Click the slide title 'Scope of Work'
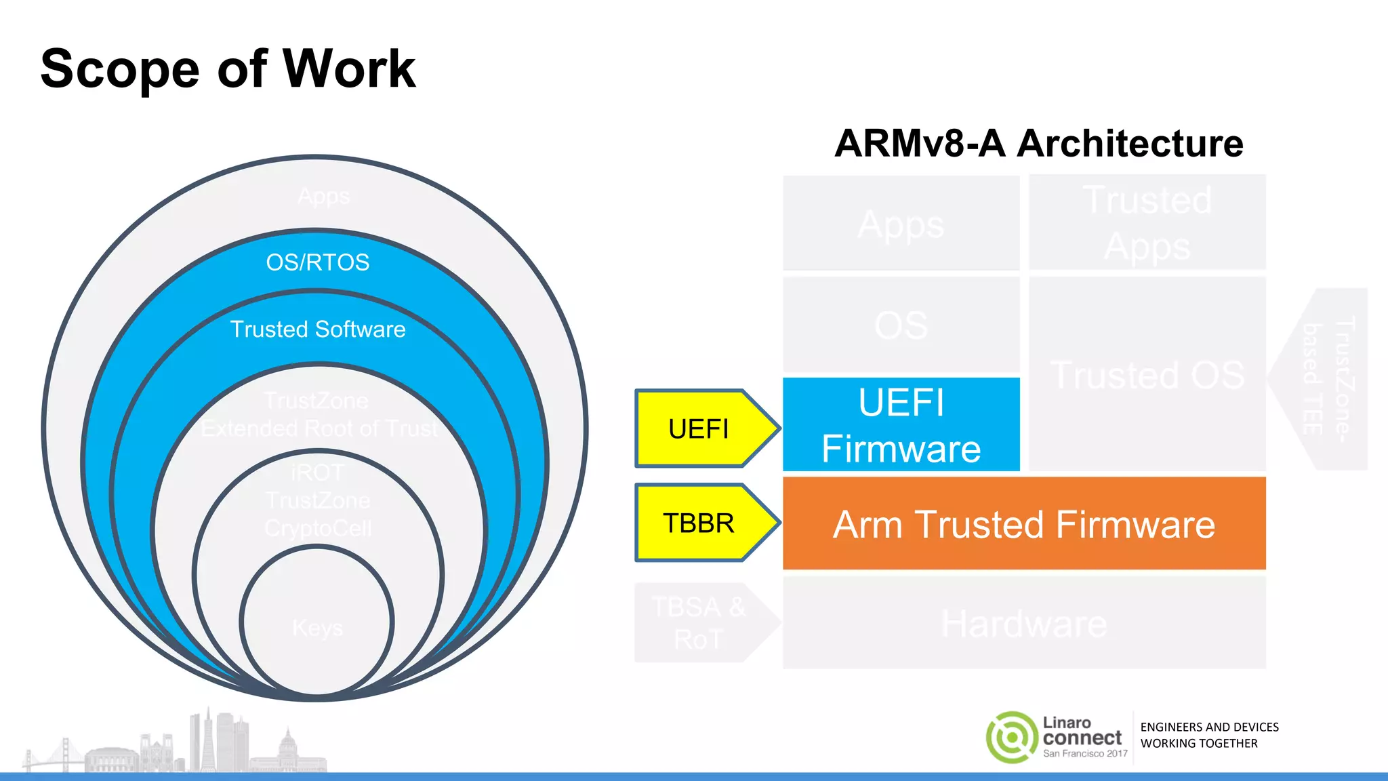pyautogui.click(x=228, y=68)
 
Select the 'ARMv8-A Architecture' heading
pyautogui.click(x=1038, y=144)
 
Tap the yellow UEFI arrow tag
pyautogui.click(x=701, y=428)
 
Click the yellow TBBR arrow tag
pyautogui.click(x=701, y=523)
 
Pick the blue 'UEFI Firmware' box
pyautogui.click(x=901, y=424)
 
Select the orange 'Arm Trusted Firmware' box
pyautogui.click(x=1023, y=523)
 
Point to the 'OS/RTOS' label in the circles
pyautogui.click(x=317, y=262)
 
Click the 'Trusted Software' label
pyautogui.click(x=317, y=329)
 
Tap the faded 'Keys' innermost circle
pyautogui.click(x=317, y=628)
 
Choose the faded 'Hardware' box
pyautogui.click(x=1023, y=623)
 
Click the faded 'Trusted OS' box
pyautogui.click(x=1147, y=374)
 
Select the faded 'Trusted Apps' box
pyautogui.click(x=1147, y=222)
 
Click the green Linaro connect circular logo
pyautogui.click(x=1011, y=737)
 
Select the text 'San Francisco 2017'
pyautogui.click(x=1085, y=753)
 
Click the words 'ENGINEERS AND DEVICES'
pyautogui.click(x=1209, y=727)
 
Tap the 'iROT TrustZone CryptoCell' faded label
pyautogui.click(x=317, y=500)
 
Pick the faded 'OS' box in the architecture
pyautogui.click(x=901, y=325)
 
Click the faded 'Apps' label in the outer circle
pyautogui.click(x=323, y=197)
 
